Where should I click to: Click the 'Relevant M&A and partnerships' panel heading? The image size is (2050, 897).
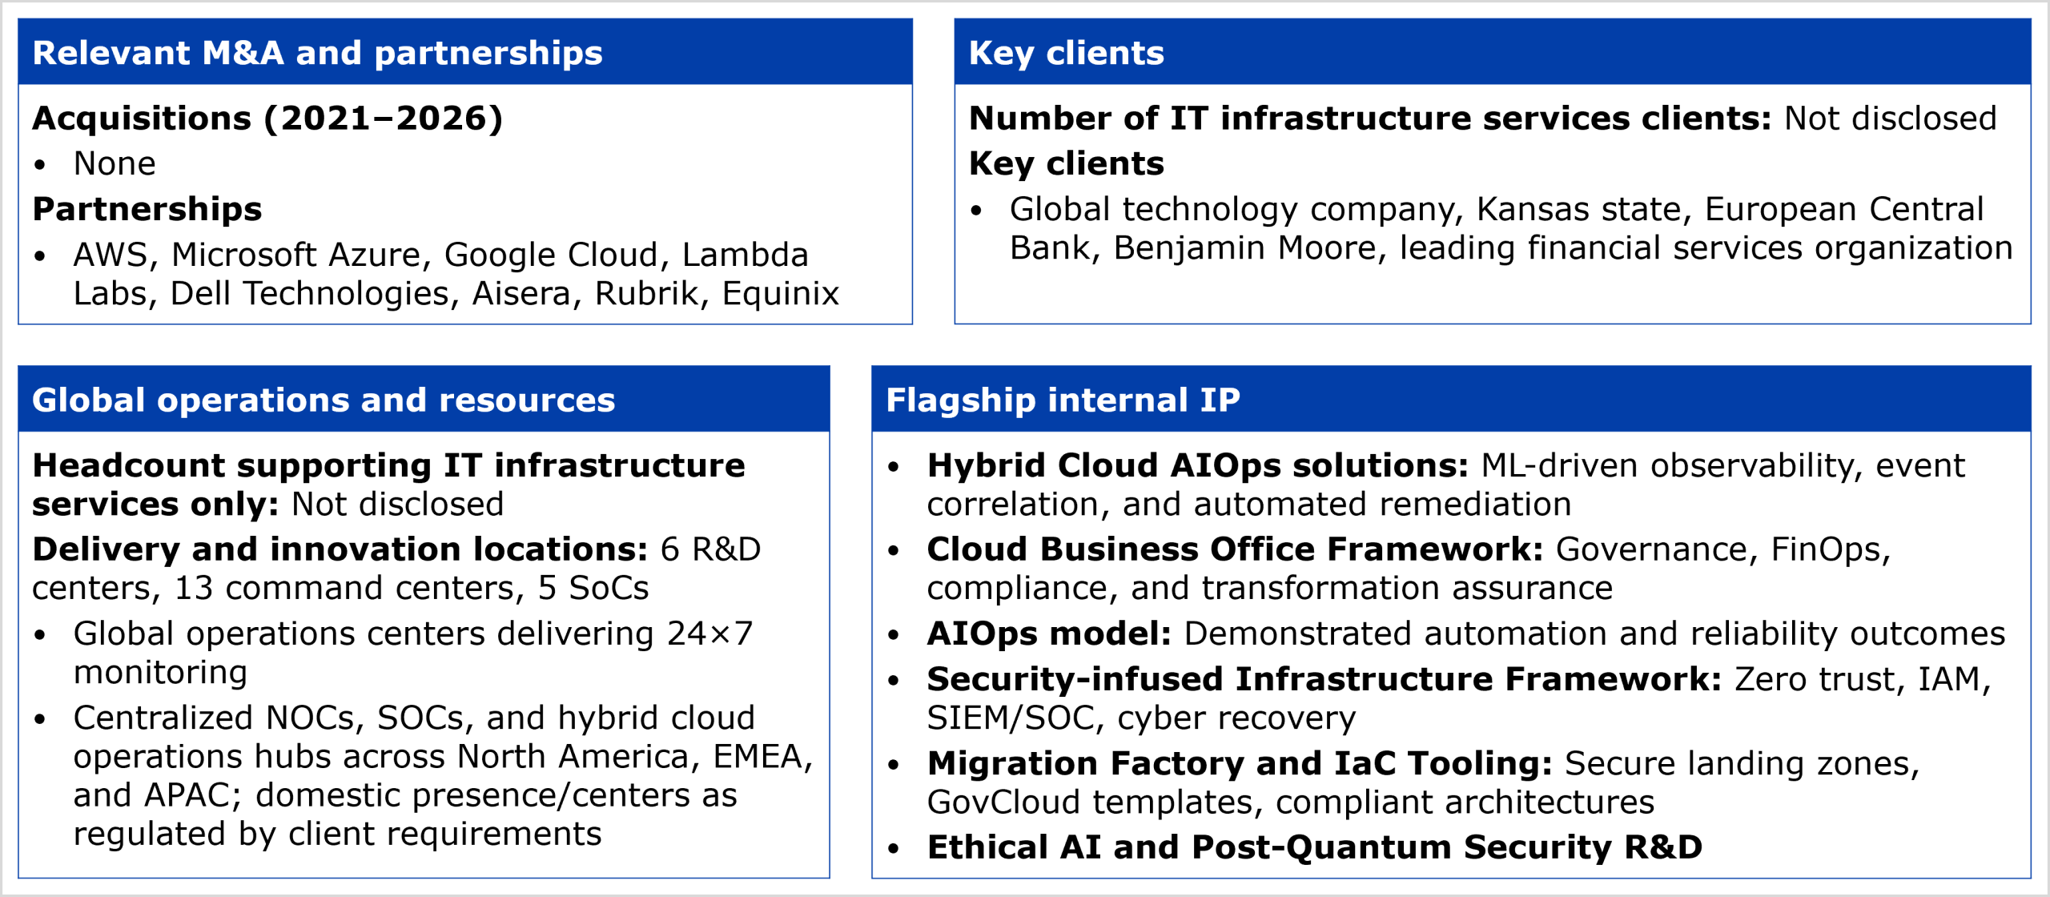click(317, 53)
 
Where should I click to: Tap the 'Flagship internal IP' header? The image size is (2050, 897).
click(1063, 400)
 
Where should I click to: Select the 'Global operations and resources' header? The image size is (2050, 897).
click(324, 400)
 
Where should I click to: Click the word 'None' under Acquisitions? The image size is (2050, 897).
click(115, 163)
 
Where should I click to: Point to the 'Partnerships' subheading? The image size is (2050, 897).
click(147, 209)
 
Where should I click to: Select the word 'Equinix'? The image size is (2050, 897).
click(780, 294)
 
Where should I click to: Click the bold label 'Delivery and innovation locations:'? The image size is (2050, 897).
click(340, 549)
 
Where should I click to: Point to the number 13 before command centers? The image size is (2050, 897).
click(194, 589)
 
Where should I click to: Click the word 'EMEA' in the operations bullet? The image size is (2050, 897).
click(762, 757)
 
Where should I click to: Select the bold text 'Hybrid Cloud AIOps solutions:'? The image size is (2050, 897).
click(1198, 465)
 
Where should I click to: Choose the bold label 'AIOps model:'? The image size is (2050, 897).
click(1049, 634)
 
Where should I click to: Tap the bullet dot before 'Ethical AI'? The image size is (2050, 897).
click(894, 848)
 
